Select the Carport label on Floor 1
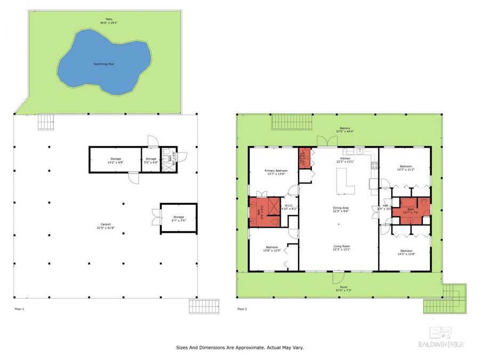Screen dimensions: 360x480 104,224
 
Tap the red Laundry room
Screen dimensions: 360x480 305,157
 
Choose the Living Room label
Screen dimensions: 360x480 341,246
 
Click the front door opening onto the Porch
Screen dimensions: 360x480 337,277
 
